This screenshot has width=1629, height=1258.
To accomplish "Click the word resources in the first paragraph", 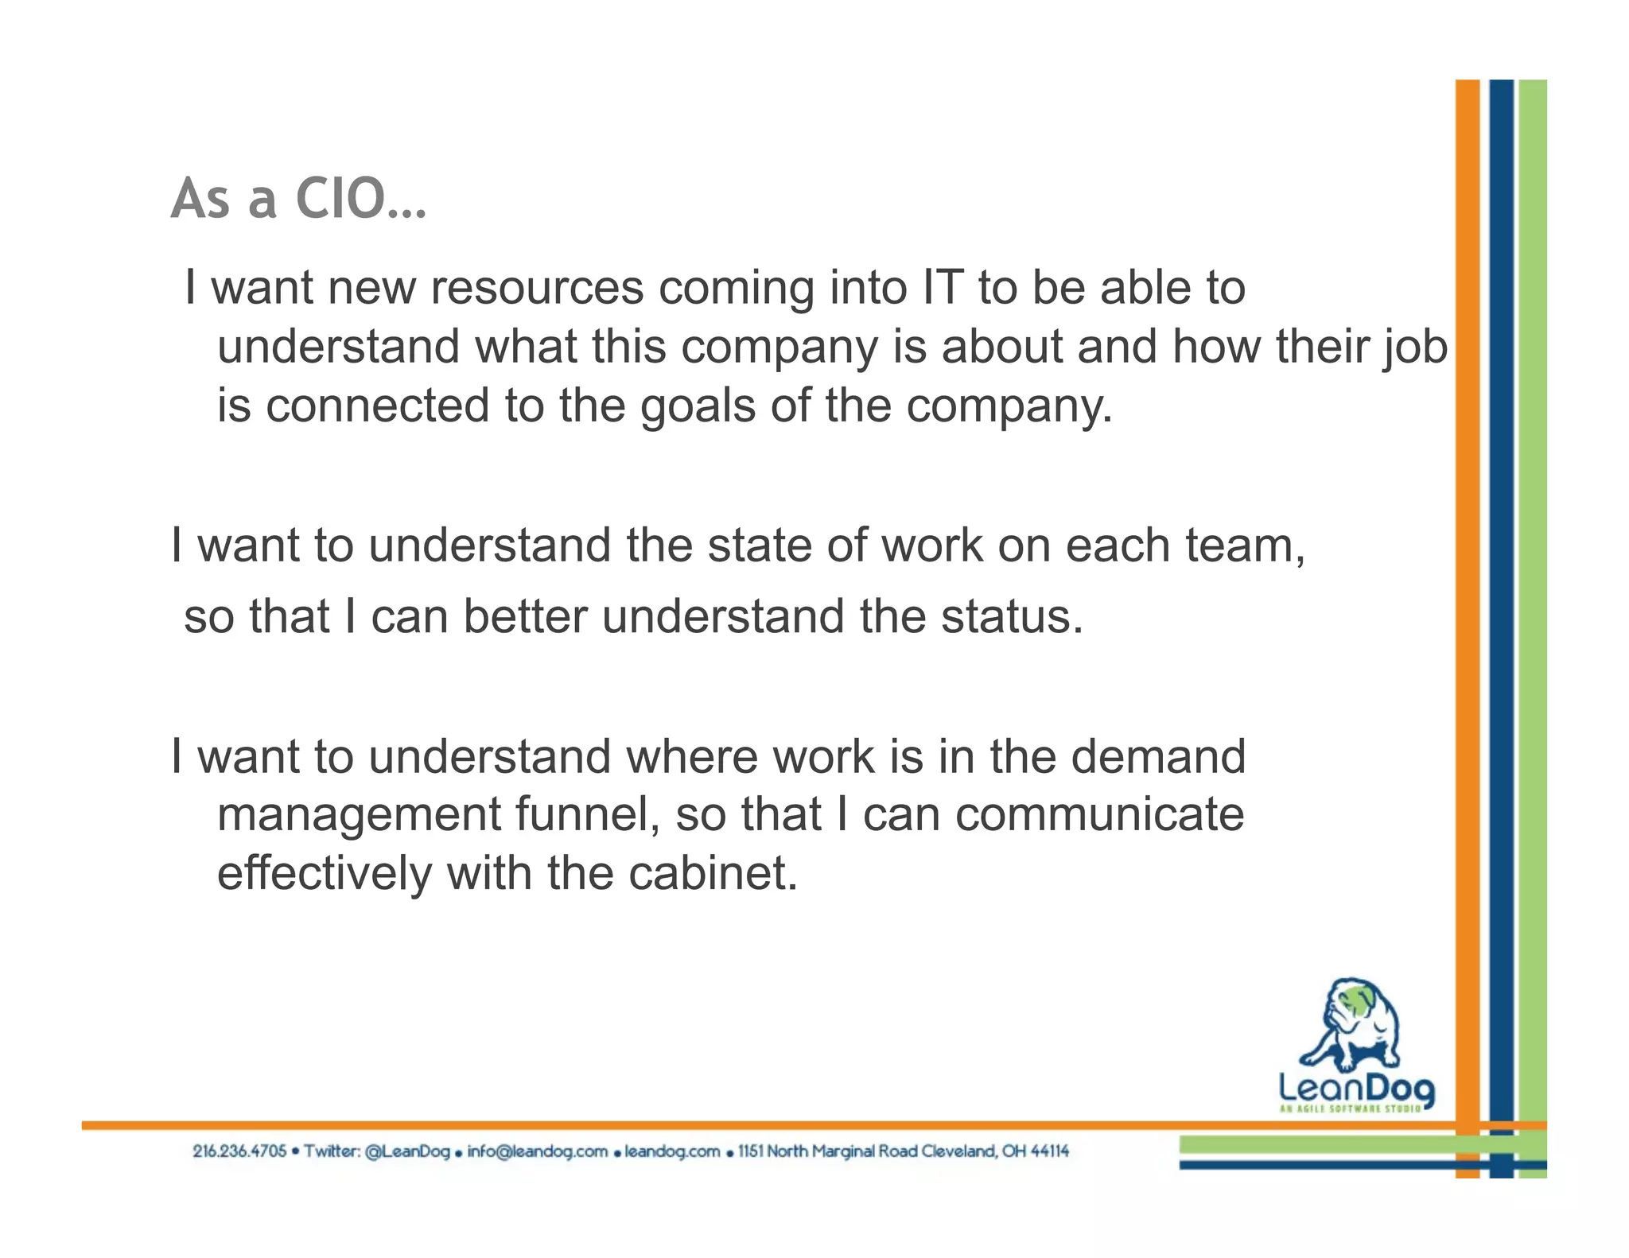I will click(537, 288).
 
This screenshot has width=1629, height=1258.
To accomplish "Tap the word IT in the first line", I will click(943, 288).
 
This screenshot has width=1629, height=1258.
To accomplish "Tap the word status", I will click(1011, 617).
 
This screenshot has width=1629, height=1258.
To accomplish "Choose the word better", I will click(525, 617).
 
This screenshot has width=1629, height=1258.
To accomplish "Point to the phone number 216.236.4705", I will click(239, 1151).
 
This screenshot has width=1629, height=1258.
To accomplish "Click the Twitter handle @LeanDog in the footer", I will click(407, 1151).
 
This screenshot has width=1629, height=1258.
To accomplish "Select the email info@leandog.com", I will click(537, 1151).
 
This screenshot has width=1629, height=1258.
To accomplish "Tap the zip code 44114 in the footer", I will click(1049, 1151).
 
